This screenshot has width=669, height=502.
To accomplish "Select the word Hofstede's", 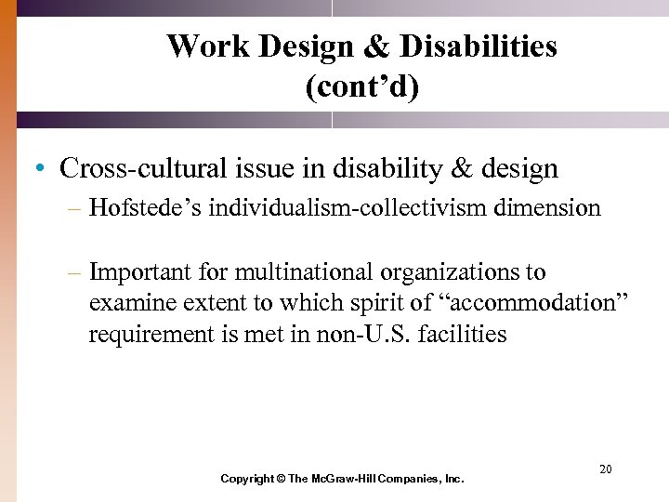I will (x=145, y=207).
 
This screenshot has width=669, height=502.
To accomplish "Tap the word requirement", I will (x=148, y=335).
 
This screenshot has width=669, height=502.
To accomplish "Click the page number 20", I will (x=605, y=469).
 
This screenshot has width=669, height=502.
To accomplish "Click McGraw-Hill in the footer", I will (x=348, y=479).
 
